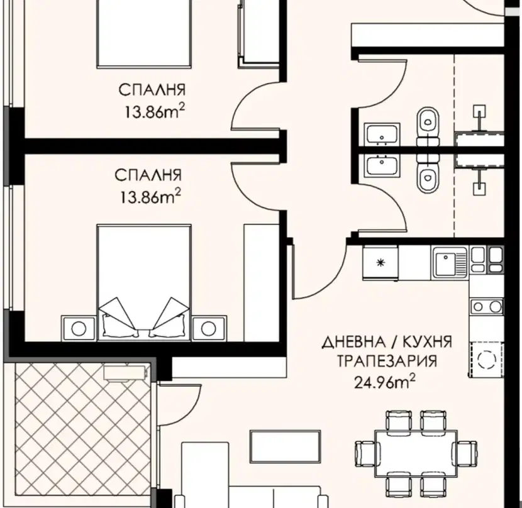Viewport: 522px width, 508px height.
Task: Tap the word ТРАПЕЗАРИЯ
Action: [387, 361]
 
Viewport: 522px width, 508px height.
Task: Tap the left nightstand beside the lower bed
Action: [79, 328]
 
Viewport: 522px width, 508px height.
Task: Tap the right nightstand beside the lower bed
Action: [209, 328]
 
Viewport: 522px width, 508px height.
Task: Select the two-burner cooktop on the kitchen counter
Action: [486, 306]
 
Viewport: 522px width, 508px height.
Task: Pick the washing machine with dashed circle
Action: [486, 359]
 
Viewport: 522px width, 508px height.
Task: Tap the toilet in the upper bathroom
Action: [428, 126]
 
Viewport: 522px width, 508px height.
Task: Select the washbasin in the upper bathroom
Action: [382, 135]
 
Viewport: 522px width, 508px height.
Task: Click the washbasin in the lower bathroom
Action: [382, 166]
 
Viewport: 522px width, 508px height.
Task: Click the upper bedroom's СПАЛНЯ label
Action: [152, 90]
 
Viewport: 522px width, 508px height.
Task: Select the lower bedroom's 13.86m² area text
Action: [150, 197]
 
